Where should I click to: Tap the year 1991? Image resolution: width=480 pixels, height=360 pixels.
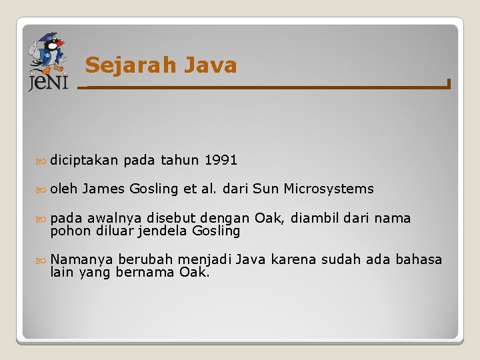coord(221,160)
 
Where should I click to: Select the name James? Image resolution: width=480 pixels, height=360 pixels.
coord(104,189)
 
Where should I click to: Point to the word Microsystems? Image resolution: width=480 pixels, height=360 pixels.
coord(329,189)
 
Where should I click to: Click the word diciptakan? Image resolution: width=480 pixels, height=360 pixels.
coord(84,160)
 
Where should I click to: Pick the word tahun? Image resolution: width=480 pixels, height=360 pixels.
coord(179,160)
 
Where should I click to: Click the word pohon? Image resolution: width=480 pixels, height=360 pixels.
coord(68,231)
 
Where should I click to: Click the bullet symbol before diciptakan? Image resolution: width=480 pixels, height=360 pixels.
coord(43,161)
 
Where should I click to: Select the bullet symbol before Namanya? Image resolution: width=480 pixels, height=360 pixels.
coord(43,259)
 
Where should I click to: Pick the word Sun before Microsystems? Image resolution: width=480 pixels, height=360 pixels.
coord(266,189)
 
